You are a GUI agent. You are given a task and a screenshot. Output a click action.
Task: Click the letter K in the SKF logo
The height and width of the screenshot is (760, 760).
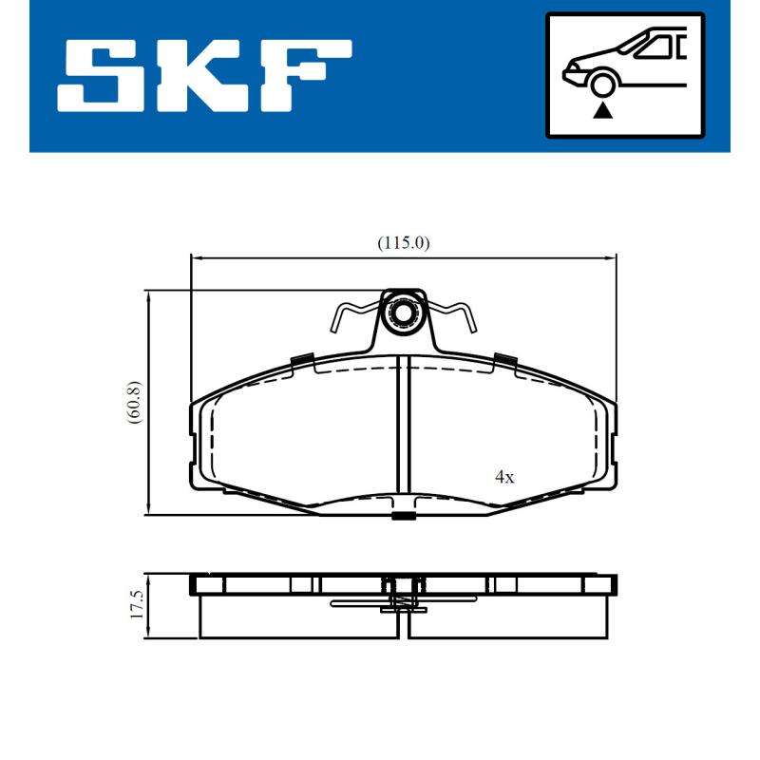pos(201,76)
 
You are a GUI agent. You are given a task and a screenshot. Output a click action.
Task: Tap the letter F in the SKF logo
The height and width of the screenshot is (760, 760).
pos(302,76)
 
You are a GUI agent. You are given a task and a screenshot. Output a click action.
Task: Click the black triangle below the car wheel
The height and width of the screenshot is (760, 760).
pos(600,112)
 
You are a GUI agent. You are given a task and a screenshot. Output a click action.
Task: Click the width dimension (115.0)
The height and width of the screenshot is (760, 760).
pos(404,243)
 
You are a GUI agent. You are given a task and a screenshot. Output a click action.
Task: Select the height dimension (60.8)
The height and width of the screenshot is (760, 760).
pos(135,403)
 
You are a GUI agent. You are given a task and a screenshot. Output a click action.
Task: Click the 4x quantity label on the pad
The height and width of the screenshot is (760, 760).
pos(504,478)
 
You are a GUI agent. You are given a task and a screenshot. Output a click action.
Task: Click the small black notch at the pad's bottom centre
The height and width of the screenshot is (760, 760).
pos(404,517)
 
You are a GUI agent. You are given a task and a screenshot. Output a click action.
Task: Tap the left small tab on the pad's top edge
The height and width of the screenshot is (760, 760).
pos(302,359)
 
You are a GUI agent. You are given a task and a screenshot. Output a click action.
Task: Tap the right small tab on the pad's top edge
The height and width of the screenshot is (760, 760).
pos(504,359)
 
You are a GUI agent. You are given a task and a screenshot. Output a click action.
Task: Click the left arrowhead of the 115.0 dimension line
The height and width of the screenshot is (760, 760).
pos(196,256)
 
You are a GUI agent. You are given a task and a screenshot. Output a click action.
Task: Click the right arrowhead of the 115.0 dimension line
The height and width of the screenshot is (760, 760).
pos(613,256)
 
